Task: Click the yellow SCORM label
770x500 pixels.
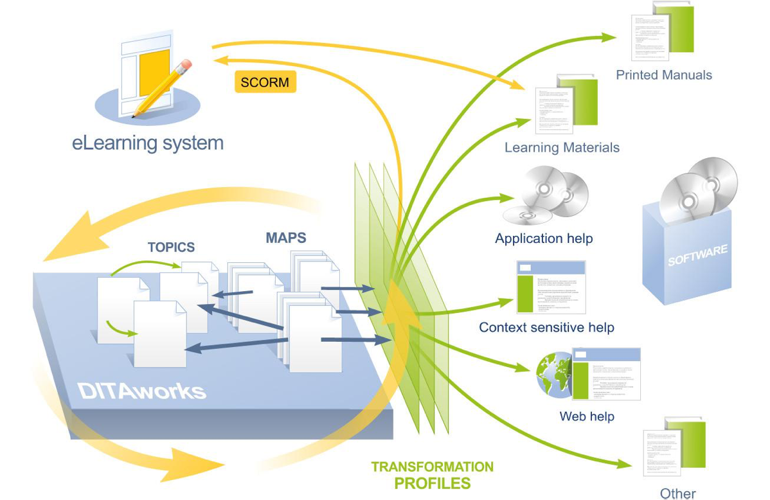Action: [x=265, y=82]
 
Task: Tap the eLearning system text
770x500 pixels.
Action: [x=148, y=142]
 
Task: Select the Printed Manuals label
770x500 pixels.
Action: [x=664, y=75]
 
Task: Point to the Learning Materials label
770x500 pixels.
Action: [x=562, y=147]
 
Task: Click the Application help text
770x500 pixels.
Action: [x=544, y=238]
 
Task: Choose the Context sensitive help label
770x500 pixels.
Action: [x=546, y=327]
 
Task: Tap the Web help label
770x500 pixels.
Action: [x=587, y=416]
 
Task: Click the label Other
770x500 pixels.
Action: [x=677, y=494]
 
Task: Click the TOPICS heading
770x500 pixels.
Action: [x=171, y=247]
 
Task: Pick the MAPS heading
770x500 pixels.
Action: [x=286, y=238]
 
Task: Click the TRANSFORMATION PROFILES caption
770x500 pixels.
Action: [x=432, y=475]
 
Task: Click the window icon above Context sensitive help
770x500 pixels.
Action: [x=551, y=287]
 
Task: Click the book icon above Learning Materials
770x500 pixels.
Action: [x=566, y=103]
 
